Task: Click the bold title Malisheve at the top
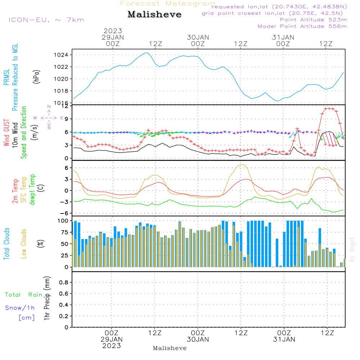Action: [154, 15]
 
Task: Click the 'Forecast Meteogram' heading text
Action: [168, 4]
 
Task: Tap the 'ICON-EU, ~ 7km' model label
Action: [46, 20]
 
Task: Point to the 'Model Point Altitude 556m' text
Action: [302, 26]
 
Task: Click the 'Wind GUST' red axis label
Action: [7, 133]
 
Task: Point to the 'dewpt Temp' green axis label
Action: [33, 189]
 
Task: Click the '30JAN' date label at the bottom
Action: [198, 339]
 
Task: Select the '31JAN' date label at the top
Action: [283, 37]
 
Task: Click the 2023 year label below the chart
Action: [112, 346]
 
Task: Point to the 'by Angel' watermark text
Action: [352, 249]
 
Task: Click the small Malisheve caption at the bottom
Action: [170, 348]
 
